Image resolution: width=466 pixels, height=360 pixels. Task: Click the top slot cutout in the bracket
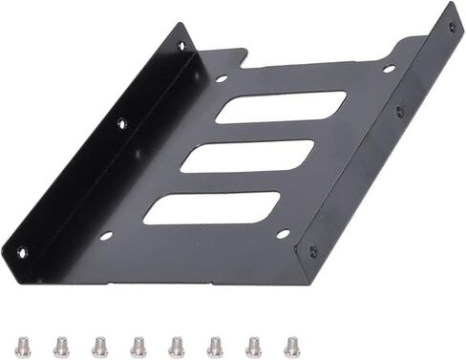point(281,107)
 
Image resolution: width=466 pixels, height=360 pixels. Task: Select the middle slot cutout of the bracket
point(247,157)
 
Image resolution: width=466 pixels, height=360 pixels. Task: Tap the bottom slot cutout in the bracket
point(212,208)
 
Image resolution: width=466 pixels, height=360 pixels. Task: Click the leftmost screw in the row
point(23,346)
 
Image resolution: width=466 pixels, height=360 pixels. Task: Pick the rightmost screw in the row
point(291,345)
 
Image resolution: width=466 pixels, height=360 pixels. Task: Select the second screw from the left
point(61,346)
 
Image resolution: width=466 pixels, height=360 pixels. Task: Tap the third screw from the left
point(99,346)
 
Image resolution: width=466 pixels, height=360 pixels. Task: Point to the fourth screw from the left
point(138,346)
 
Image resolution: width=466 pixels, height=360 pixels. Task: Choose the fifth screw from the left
point(176,346)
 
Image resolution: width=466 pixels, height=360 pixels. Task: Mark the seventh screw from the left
point(253,345)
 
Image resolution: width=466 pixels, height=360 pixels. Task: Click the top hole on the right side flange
point(452,27)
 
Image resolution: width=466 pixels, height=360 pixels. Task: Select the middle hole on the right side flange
point(399,111)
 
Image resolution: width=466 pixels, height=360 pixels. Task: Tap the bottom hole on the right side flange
point(312,251)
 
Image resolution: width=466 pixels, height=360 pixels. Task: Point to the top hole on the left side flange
point(181,45)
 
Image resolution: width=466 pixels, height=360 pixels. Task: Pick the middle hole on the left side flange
point(121,122)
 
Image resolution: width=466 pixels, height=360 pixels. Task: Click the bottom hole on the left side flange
point(21,252)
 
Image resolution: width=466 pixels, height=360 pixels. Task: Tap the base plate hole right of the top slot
point(388,69)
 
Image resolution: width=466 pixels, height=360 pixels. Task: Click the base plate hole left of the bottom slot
point(106,235)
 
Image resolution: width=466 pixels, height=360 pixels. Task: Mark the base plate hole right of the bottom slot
point(282,233)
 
